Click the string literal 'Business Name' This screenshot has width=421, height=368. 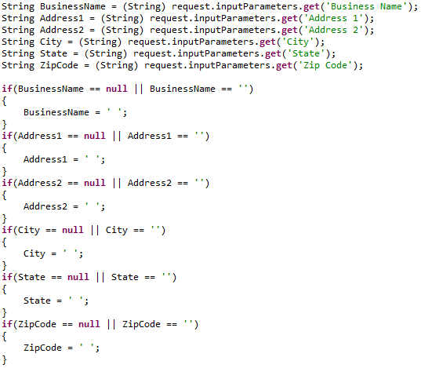click(365, 6)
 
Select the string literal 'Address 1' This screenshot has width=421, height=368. click(334, 18)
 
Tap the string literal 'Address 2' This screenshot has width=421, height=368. click(334, 30)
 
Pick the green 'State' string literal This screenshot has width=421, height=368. click(307, 53)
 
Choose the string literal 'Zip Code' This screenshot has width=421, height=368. click(325, 65)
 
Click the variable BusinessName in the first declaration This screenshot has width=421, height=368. click(73, 6)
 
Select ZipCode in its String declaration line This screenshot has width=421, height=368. click(59, 65)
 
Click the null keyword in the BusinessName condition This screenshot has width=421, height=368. click(117, 89)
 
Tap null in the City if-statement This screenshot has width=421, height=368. click(73, 230)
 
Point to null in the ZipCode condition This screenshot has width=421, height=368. click(89, 324)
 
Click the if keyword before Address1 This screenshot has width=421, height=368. click(7, 136)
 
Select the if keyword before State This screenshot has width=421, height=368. click(7, 277)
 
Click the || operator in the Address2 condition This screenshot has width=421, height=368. click(117, 183)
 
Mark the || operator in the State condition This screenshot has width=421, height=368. click(100, 277)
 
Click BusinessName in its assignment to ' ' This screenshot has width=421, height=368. click(56, 112)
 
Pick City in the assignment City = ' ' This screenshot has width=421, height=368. click(34, 253)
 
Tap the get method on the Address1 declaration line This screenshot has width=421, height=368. click(289, 18)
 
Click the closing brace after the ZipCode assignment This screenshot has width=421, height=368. click(4, 359)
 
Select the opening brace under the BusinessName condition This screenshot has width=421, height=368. click(4, 100)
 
